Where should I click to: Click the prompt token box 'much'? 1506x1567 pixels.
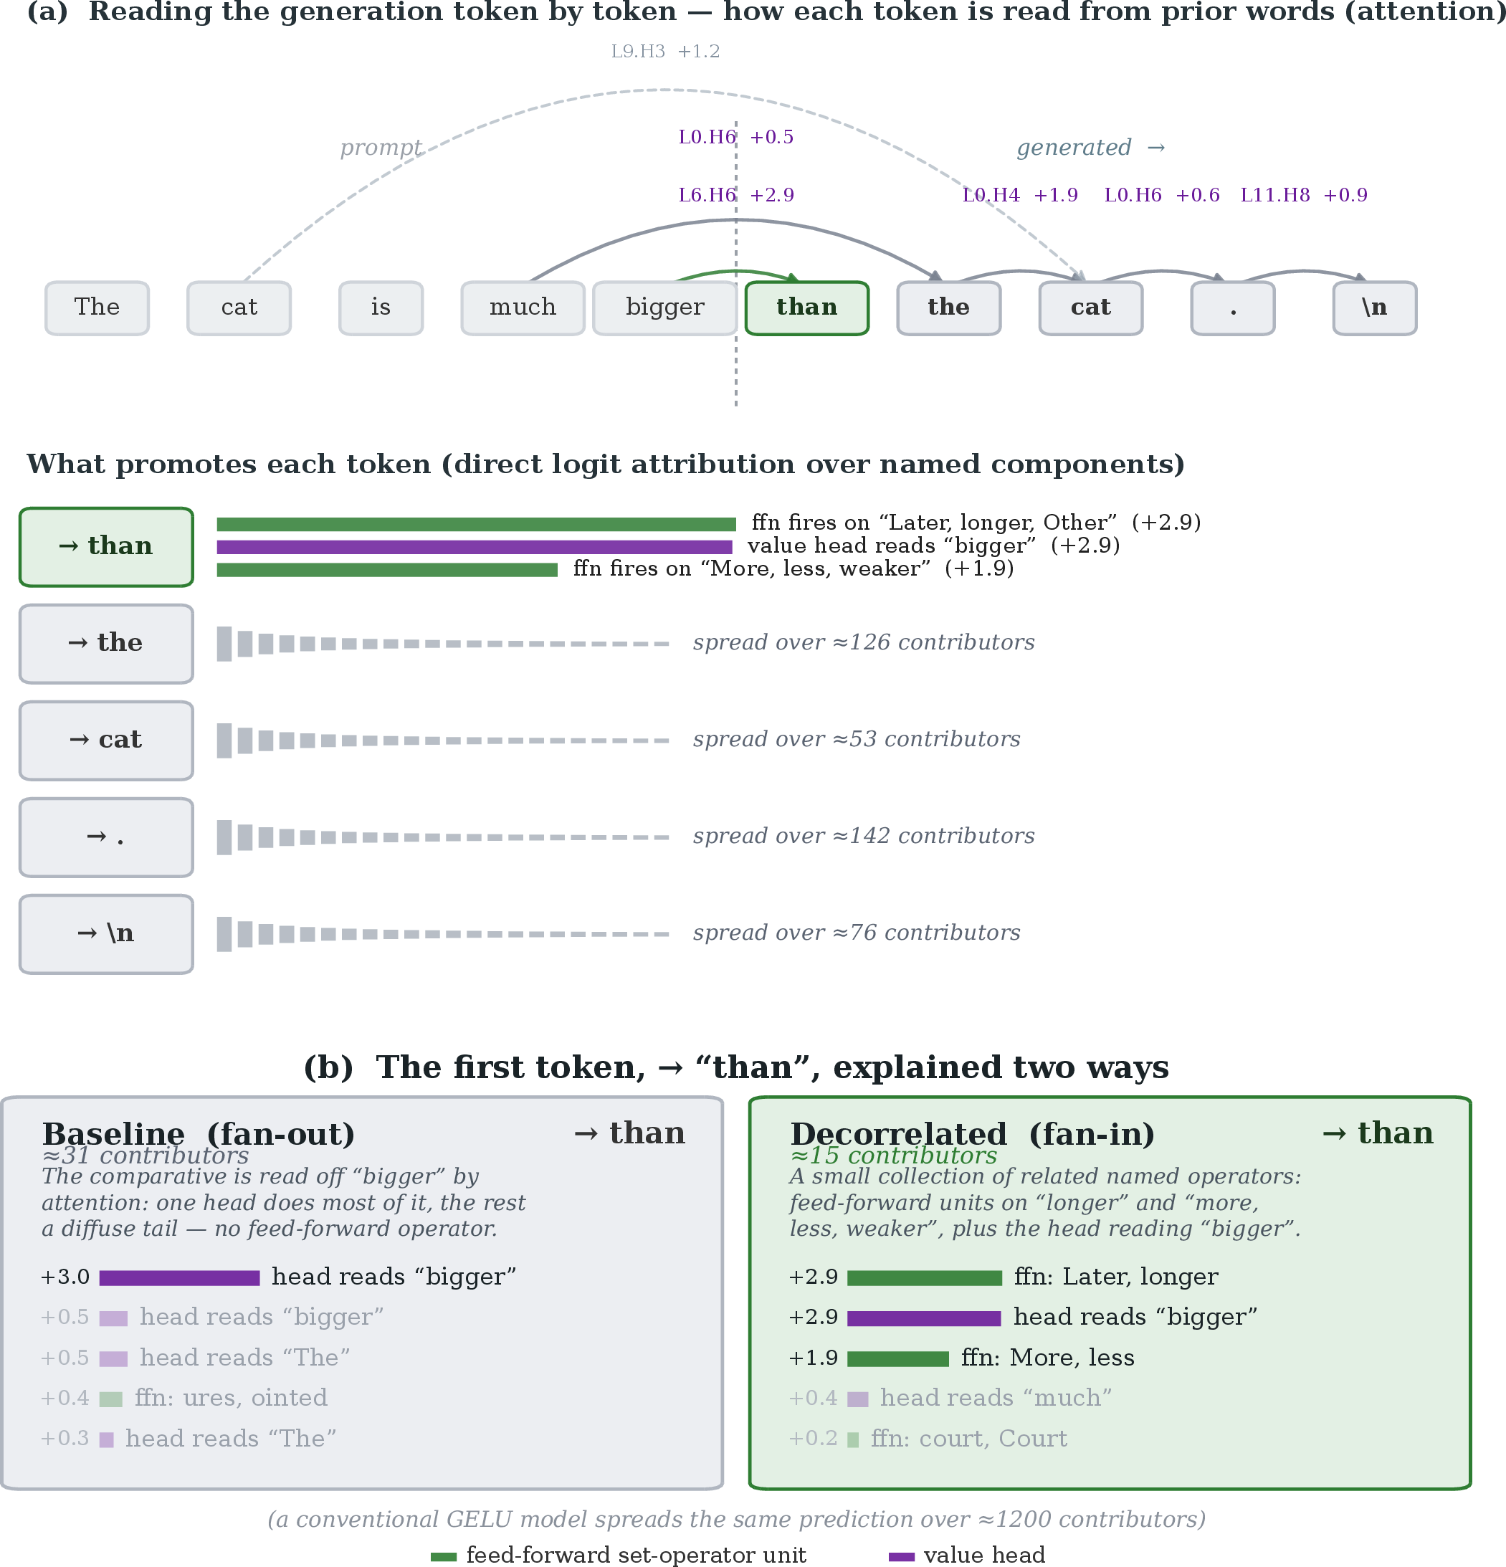522,308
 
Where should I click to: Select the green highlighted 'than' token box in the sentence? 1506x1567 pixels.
806,308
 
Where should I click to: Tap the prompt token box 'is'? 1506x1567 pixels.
381,308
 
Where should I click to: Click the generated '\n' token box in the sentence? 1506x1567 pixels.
1374,308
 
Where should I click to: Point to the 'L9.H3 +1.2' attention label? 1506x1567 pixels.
665,51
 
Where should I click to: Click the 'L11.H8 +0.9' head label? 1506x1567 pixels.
1304,195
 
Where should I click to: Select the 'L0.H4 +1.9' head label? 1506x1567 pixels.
1020,195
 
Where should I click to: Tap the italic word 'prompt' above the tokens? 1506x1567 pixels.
381,148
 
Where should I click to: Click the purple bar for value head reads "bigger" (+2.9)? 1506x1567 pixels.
474,547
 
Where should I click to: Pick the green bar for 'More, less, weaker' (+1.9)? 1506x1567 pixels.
387,570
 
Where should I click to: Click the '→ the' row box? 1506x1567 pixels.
106,644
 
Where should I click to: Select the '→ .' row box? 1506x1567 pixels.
106,837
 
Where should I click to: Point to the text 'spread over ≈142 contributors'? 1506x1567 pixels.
863,837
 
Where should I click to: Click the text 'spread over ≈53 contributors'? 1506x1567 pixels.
856,740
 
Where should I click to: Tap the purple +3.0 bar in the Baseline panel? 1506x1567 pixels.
179,1277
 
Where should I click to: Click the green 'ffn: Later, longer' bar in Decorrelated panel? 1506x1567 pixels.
924,1277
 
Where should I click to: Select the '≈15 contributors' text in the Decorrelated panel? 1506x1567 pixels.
893,1156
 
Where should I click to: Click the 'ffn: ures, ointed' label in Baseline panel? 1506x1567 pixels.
231,1398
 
